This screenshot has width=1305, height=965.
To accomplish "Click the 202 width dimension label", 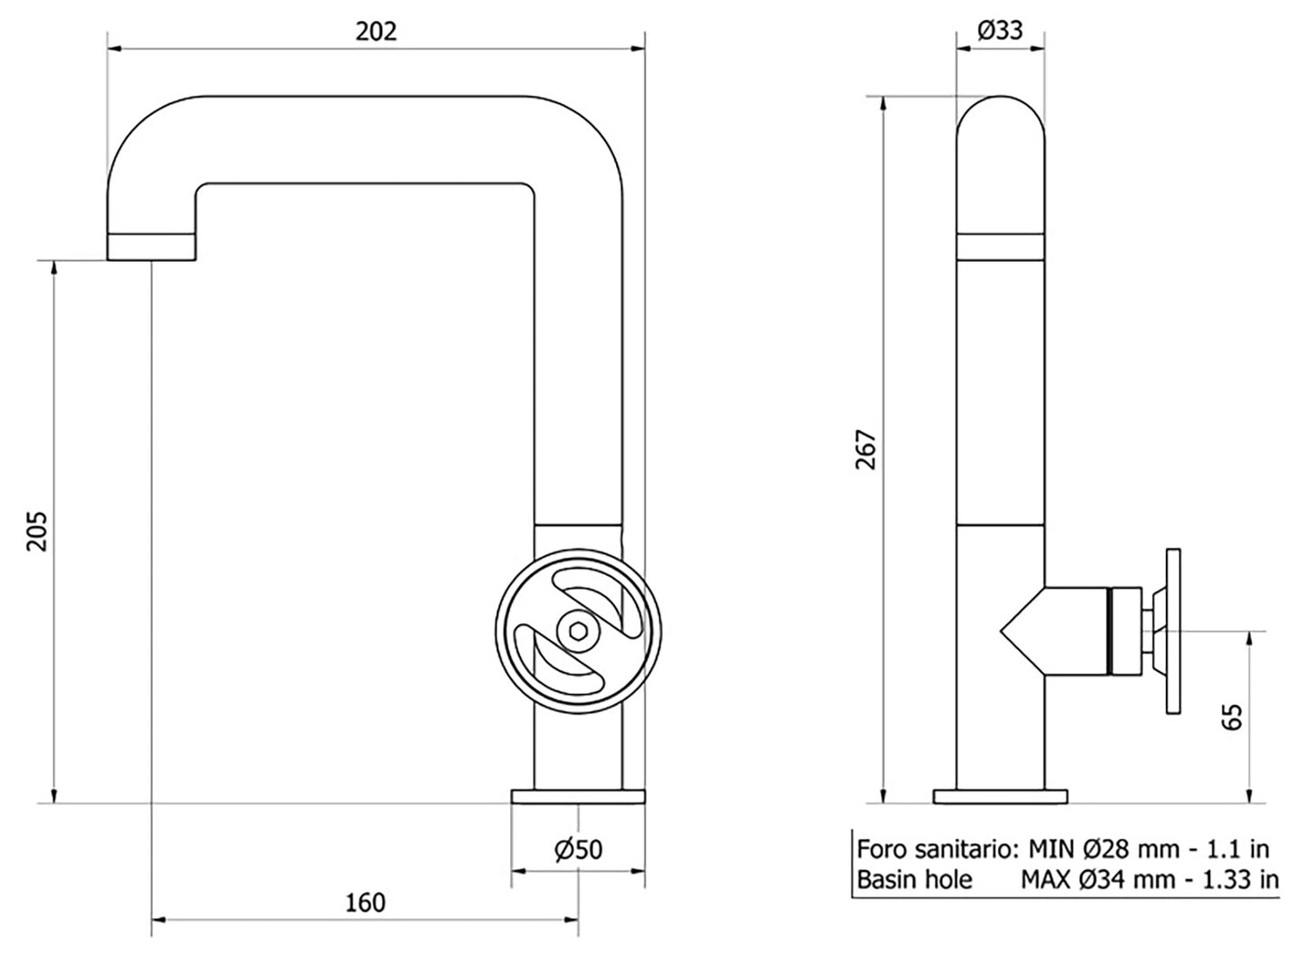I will (376, 31).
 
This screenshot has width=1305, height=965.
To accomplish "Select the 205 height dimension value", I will (35, 532).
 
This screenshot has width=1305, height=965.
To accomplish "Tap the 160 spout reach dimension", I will (364, 902).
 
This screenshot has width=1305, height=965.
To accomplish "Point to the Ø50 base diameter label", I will (579, 849).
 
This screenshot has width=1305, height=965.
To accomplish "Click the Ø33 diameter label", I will (1001, 31).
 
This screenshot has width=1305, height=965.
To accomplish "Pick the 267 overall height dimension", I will (866, 450).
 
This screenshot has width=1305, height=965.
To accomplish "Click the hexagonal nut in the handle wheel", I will (578, 631).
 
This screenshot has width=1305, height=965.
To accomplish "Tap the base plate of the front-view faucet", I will (578, 795).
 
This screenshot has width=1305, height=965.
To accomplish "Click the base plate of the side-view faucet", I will (1001, 795).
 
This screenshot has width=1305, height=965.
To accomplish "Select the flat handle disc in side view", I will (1174, 632).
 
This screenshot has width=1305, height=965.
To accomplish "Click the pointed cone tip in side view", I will (1006, 631).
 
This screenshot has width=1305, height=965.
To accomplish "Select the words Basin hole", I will (914, 879).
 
